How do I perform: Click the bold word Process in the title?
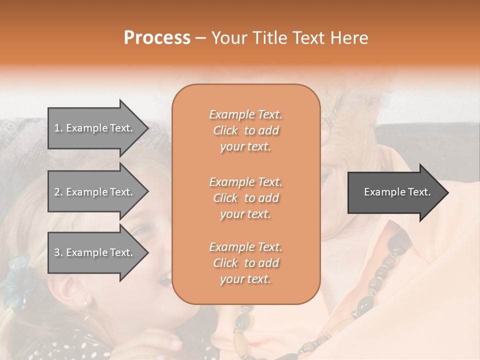coord(157,38)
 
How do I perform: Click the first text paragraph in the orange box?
coord(246,130)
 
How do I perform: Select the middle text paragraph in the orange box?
coord(246,198)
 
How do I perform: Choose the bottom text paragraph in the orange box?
coord(246,263)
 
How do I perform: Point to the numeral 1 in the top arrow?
coord(56,128)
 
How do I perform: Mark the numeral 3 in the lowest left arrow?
coord(56,252)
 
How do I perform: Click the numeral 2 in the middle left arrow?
coord(56,192)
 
